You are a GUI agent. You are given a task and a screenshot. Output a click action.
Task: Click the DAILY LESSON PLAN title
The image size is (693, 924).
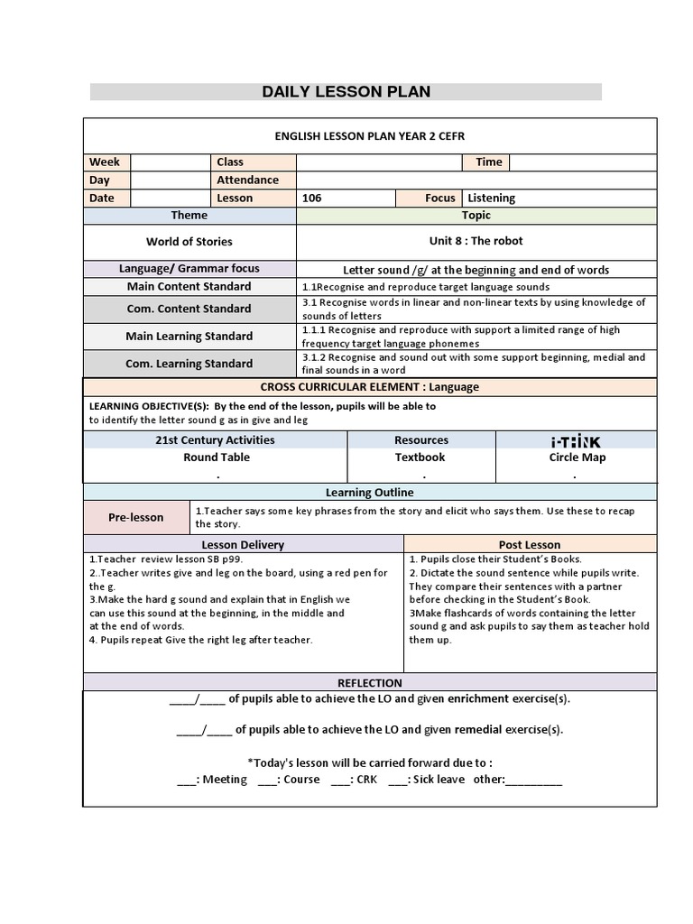point(346,91)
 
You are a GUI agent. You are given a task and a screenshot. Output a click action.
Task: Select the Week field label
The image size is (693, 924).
point(105,162)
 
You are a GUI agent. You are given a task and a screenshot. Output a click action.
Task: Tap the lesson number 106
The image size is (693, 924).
point(311,198)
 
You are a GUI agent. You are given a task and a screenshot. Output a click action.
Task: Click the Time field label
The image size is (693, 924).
point(488,162)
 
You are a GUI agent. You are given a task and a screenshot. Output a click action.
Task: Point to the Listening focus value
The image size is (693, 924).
point(492,198)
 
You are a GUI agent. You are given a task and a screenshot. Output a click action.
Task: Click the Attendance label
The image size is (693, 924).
point(247,180)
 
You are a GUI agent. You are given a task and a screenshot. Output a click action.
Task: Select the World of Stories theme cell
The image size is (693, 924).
point(189,242)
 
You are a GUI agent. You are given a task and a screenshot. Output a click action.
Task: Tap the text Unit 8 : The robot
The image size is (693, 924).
point(476,241)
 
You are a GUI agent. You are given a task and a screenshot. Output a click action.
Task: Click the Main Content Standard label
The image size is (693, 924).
point(189,286)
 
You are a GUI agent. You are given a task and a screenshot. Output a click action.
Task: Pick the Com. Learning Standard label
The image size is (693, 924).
point(189,364)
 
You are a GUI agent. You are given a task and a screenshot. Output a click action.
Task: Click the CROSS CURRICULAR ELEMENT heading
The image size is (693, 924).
point(369,387)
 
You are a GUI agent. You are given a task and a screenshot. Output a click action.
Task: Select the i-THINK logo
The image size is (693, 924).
point(576,441)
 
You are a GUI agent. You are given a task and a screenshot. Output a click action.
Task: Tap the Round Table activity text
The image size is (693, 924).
point(217,457)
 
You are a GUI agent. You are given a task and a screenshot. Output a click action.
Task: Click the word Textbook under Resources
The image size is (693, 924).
point(420,457)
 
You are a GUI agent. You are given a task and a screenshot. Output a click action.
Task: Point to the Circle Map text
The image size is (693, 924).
point(577,457)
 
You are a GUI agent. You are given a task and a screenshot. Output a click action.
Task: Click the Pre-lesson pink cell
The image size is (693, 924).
point(136,518)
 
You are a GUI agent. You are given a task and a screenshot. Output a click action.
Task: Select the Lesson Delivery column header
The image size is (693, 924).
point(243,545)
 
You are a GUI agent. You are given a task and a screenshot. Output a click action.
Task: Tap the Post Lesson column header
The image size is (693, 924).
point(529,545)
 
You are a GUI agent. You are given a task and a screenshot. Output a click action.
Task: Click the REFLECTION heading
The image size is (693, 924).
point(369,683)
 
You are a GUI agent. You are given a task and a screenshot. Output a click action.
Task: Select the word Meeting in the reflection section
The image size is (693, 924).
point(225,780)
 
